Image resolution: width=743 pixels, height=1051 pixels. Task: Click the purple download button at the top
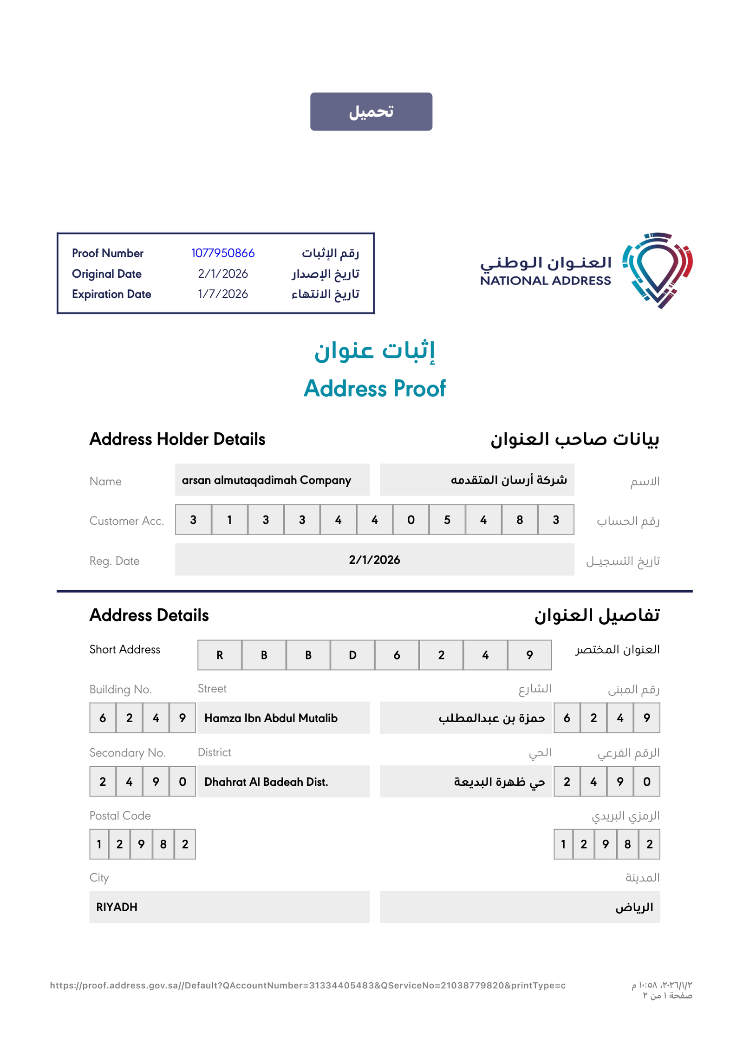click(x=371, y=111)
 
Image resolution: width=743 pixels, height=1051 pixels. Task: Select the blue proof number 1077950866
click(x=222, y=253)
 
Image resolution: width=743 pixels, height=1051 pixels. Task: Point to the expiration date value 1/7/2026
click(x=222, y=294)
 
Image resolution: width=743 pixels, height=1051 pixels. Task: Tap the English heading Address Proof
click(x=374, y=388)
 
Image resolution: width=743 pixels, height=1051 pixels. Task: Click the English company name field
click(x=272, y=480)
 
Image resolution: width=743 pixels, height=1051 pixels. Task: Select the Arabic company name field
click(x=476, y=480)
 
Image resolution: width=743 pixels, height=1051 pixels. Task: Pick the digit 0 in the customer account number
click(x=411, y=520)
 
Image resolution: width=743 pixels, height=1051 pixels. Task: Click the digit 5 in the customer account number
click(x=447, y=520)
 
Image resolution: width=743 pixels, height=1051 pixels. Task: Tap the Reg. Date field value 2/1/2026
click(x=374, y=560)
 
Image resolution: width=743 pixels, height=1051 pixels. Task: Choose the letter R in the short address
click(x=220, y=655)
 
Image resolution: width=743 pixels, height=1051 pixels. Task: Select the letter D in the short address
click(x=352, y=655)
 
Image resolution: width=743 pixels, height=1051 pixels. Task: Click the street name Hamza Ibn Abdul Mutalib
click(x=271, y=718)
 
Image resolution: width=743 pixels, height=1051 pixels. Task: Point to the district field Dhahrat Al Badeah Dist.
click(x=267, y=782)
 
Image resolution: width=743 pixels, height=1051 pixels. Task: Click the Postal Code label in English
click(x=120, y=816)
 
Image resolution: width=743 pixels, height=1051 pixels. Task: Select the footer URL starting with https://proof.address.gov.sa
click(x=307, y=986)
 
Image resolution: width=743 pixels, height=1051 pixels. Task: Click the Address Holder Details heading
click(x=177, y=439)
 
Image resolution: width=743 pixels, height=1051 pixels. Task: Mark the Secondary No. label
click(x=128, y=753)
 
